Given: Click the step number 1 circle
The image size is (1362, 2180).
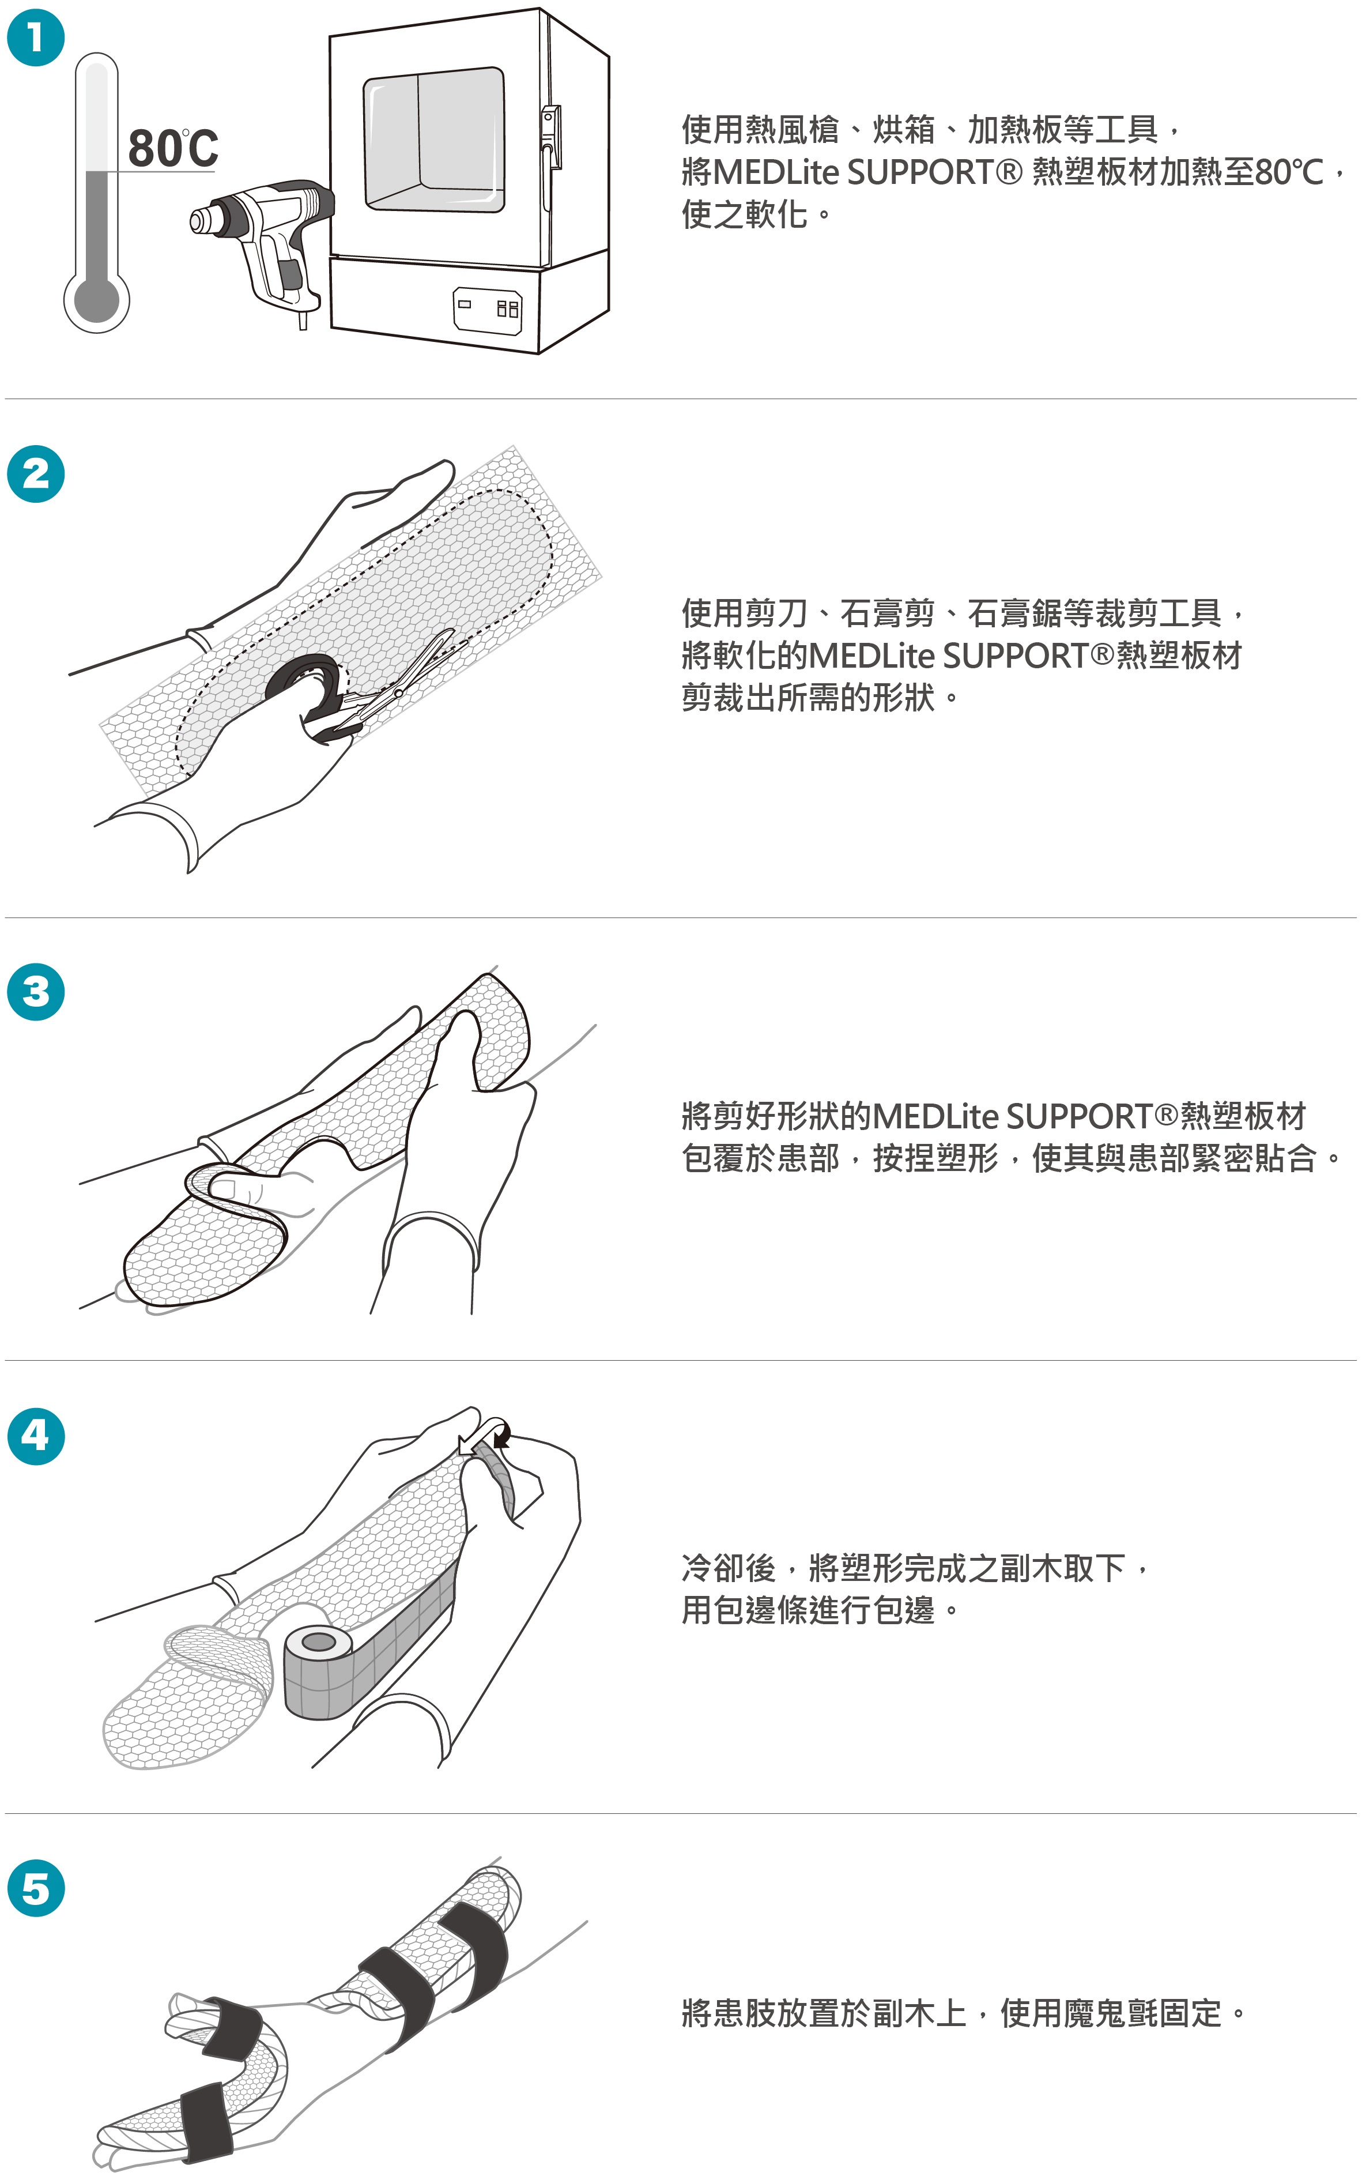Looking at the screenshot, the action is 36,38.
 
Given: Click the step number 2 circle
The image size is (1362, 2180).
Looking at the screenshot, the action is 36,474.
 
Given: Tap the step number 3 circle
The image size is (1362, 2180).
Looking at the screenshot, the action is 36,992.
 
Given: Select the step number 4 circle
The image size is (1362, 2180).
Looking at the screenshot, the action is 36,1436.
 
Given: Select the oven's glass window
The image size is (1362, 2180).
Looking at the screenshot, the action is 433,140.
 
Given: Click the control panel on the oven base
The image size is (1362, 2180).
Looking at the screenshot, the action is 487,310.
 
